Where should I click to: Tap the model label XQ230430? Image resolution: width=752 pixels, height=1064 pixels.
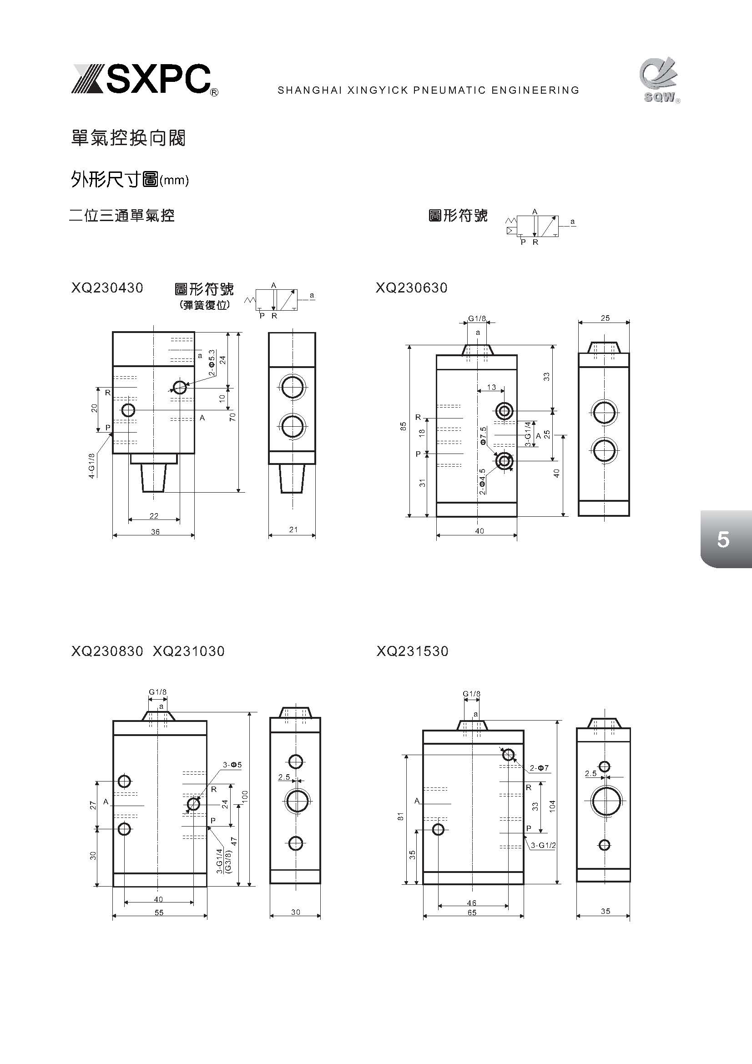click(x=107, y=288)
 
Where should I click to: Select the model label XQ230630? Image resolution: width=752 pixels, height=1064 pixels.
click(x=411, y=288)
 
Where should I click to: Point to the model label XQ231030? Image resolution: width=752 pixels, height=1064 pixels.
click(x=189, y=651)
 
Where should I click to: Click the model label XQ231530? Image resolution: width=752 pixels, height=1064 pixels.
click(x=412, y=651)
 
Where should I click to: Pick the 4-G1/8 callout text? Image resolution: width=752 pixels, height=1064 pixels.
click(x=92, y=465)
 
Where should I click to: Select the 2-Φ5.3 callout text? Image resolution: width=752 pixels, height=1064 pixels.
click(x=212, y=363)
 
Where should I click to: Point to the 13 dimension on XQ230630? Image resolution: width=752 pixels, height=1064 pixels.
click(x=491, y=387)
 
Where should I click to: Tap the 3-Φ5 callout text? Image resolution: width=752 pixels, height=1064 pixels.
click(x=232, y=765)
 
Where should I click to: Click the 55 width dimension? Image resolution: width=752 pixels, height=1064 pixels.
click(x=159, y=912)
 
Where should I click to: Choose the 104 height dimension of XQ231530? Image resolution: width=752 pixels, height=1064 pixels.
click(x=552, y=806)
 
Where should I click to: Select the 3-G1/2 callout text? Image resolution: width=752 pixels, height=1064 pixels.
click(x=543, y=845)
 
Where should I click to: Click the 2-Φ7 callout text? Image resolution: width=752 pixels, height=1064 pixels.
click(x=540, y=768)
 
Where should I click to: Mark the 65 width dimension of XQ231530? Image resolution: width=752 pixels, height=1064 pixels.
click(x=472, y=912)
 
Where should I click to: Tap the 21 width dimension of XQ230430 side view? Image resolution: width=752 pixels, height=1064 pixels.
click(x=293, y=529)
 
